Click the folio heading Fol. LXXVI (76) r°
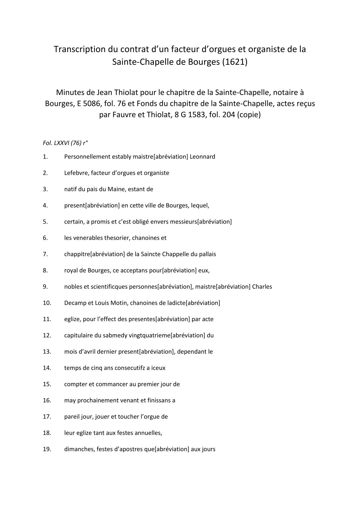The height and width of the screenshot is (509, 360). click(65, 143)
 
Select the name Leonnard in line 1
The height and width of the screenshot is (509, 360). click(202, 157)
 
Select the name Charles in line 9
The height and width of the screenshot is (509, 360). click(262, 287)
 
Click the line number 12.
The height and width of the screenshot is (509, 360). click(47, 336)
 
